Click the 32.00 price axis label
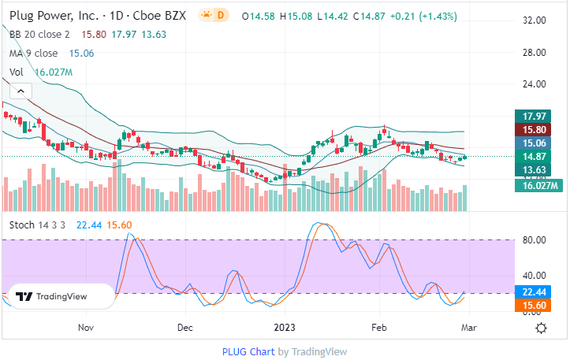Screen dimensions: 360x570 pos(535,20)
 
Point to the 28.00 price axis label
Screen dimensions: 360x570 pos(535,53)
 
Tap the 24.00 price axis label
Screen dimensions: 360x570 pos(535,84)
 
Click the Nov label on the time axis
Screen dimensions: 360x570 pos(86,327)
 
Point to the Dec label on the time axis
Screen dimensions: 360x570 pos(185,327)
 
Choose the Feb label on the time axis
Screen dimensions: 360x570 pos(379,327)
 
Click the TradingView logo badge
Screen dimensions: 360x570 pos(60,296)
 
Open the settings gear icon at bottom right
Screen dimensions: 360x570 pos(542,328)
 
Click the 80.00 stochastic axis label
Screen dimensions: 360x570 pos(535,240)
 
